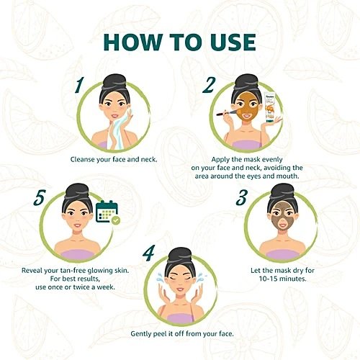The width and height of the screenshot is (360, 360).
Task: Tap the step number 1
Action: (79, 86)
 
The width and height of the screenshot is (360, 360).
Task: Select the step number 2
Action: (208, 86)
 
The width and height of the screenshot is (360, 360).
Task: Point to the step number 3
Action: (241, 197)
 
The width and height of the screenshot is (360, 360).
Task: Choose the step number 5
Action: (40, 197)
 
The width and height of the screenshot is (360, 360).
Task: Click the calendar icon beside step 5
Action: (107, 211)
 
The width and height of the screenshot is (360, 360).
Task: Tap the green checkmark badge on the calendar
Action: (116, 220)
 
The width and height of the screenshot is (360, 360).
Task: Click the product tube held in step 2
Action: (270, 108)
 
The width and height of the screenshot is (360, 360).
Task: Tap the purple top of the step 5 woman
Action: (77, 254)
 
